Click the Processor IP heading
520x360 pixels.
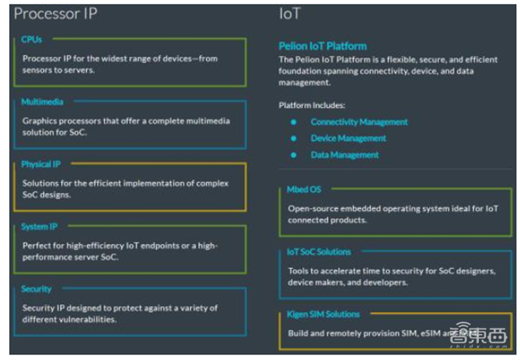[57, 13]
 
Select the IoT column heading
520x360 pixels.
[289, 13]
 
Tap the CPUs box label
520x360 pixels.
[31, 40]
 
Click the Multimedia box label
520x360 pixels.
[42, 102]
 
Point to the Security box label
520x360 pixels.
[36, 289]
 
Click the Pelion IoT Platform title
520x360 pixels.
[322, 46]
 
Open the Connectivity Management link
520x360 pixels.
[359, 122]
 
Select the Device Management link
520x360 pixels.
[348, 138]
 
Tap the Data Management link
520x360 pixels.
[344, 155]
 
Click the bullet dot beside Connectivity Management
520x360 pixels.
[293, 122]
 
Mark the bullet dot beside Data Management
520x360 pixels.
[293, 155]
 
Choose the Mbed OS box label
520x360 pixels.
[304, 189]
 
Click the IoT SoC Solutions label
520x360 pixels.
[318, 251]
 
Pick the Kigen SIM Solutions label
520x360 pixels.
[323, 314]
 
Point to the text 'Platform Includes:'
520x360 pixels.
[311, 105]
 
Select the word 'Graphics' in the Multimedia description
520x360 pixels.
[40, 121]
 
